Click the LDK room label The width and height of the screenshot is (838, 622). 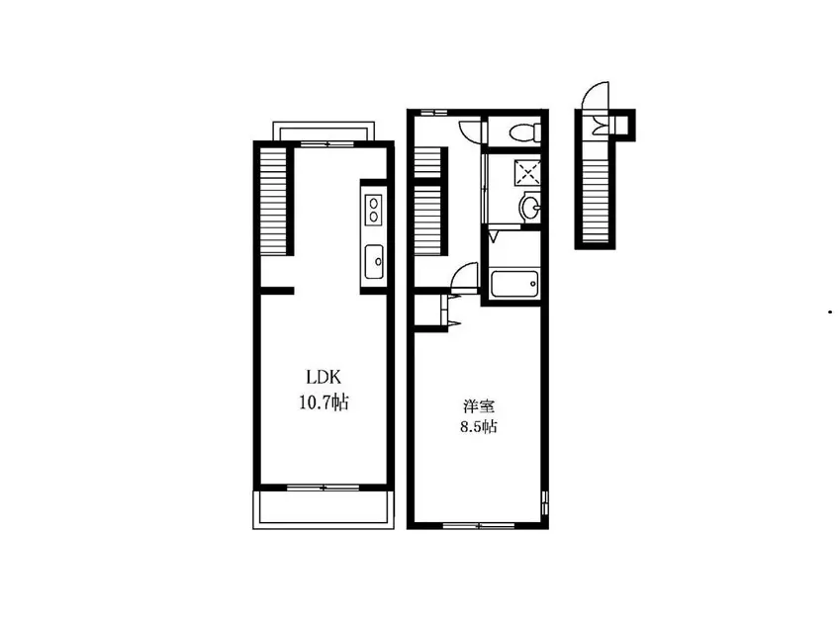coord(324,378)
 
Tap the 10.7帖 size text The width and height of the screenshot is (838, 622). coord(324,401)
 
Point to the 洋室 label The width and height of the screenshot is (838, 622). coord(478,406)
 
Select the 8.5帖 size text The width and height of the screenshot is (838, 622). coord(479,426)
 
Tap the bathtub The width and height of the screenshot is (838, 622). coord(514,283)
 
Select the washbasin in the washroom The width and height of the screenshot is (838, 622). coord(529,207)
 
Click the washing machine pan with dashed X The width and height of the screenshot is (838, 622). coord(527,172)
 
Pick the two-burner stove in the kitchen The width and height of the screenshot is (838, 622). coord(373,209)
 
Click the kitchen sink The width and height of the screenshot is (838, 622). coord(374,262)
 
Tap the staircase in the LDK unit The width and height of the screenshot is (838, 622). coord(273,201)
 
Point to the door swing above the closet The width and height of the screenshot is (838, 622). coord(463,274)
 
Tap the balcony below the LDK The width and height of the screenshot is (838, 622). coord(324,508)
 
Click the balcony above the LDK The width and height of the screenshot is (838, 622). coord(324,131)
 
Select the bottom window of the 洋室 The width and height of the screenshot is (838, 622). coord(478,525)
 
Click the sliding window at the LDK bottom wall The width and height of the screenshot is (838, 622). coord(323,488)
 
